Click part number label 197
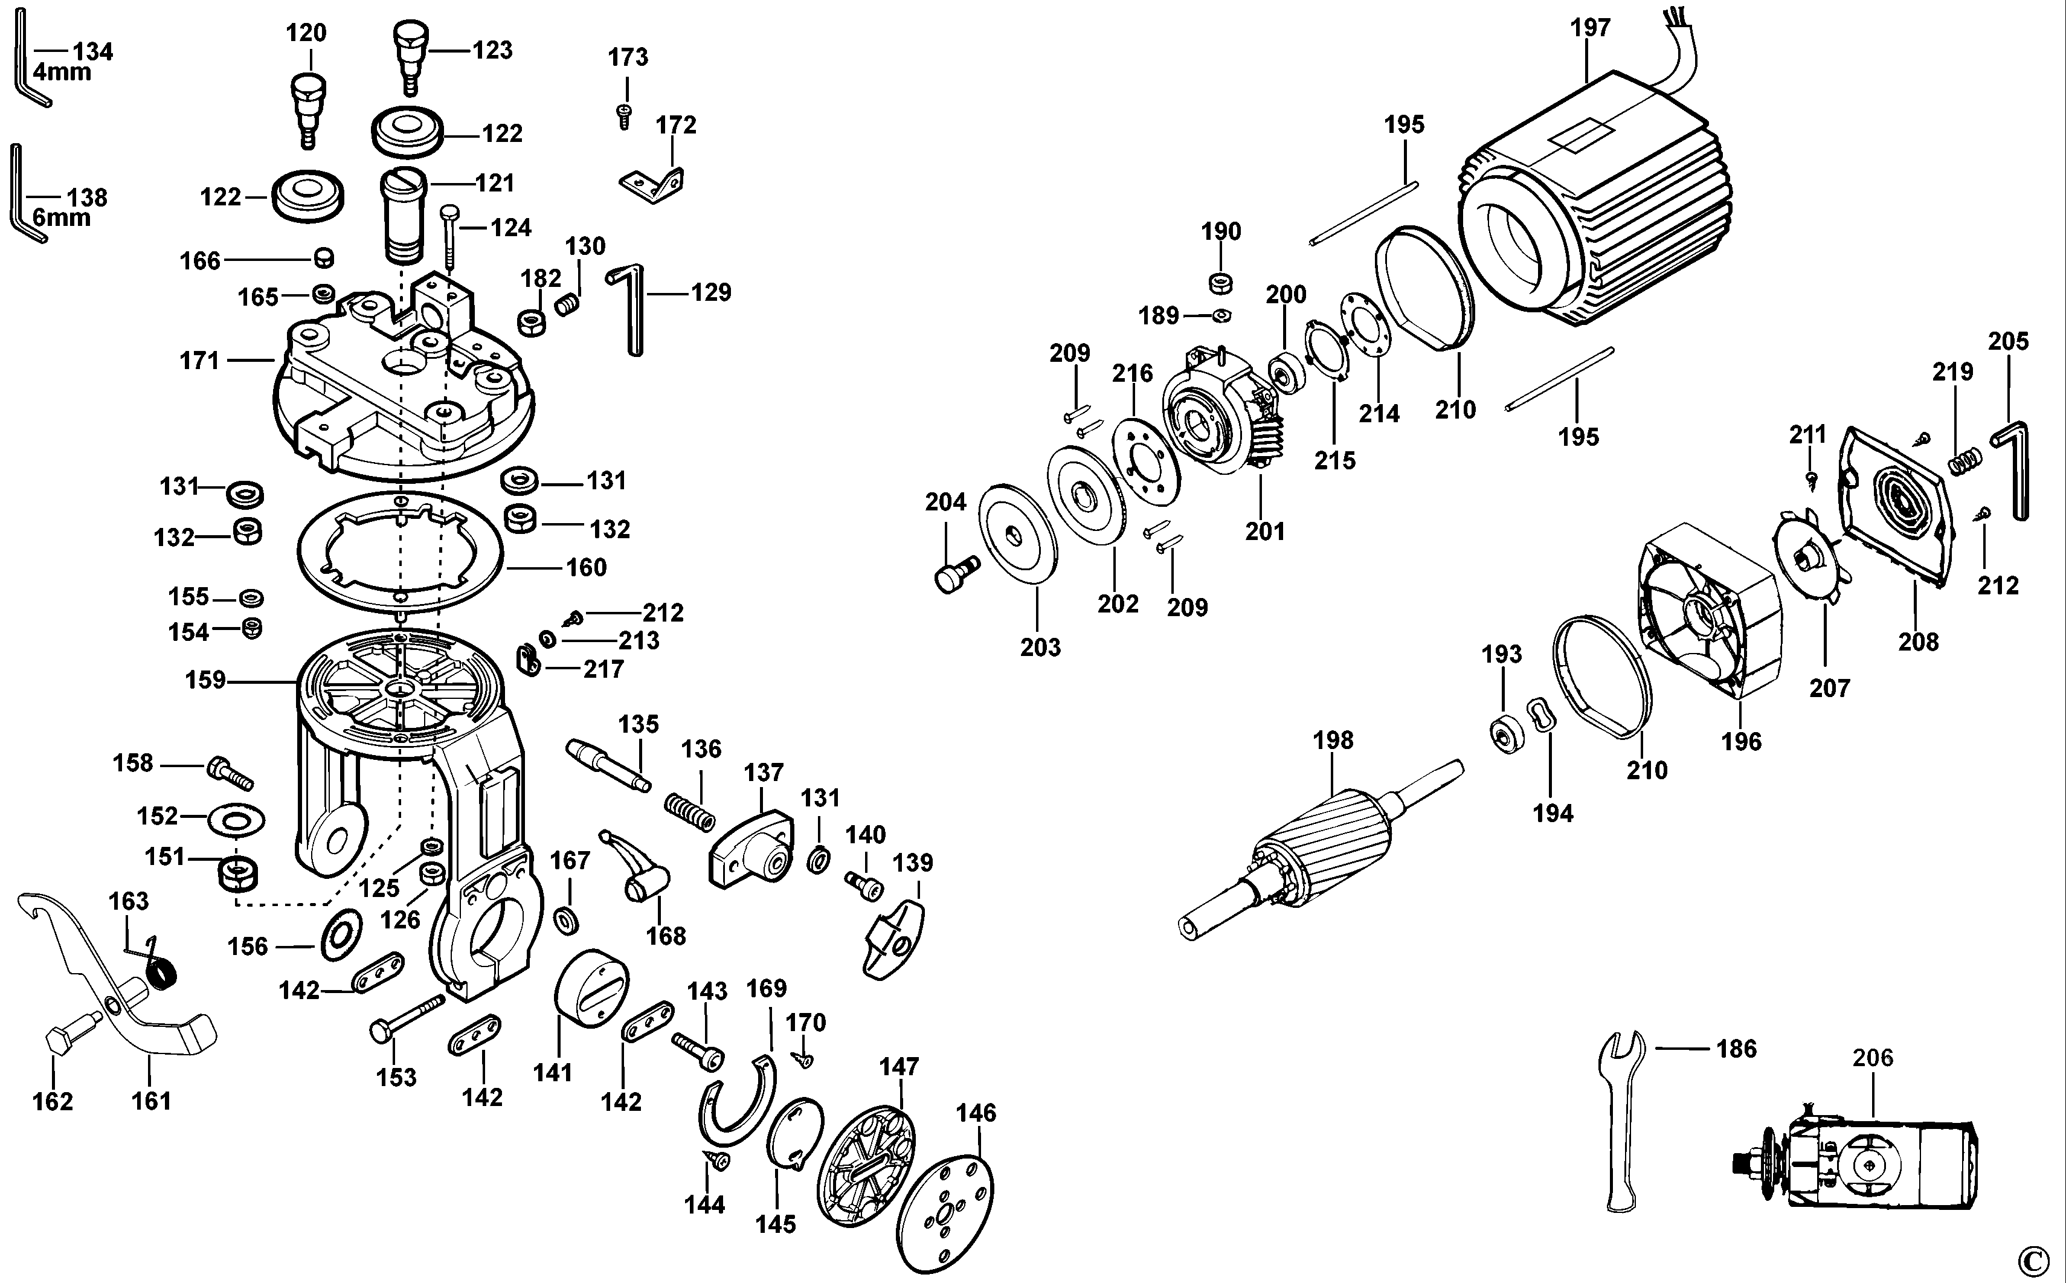[1590, 28]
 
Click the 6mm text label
[61, 218]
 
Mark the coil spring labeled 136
[690, 811]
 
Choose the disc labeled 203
[1017, 543]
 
